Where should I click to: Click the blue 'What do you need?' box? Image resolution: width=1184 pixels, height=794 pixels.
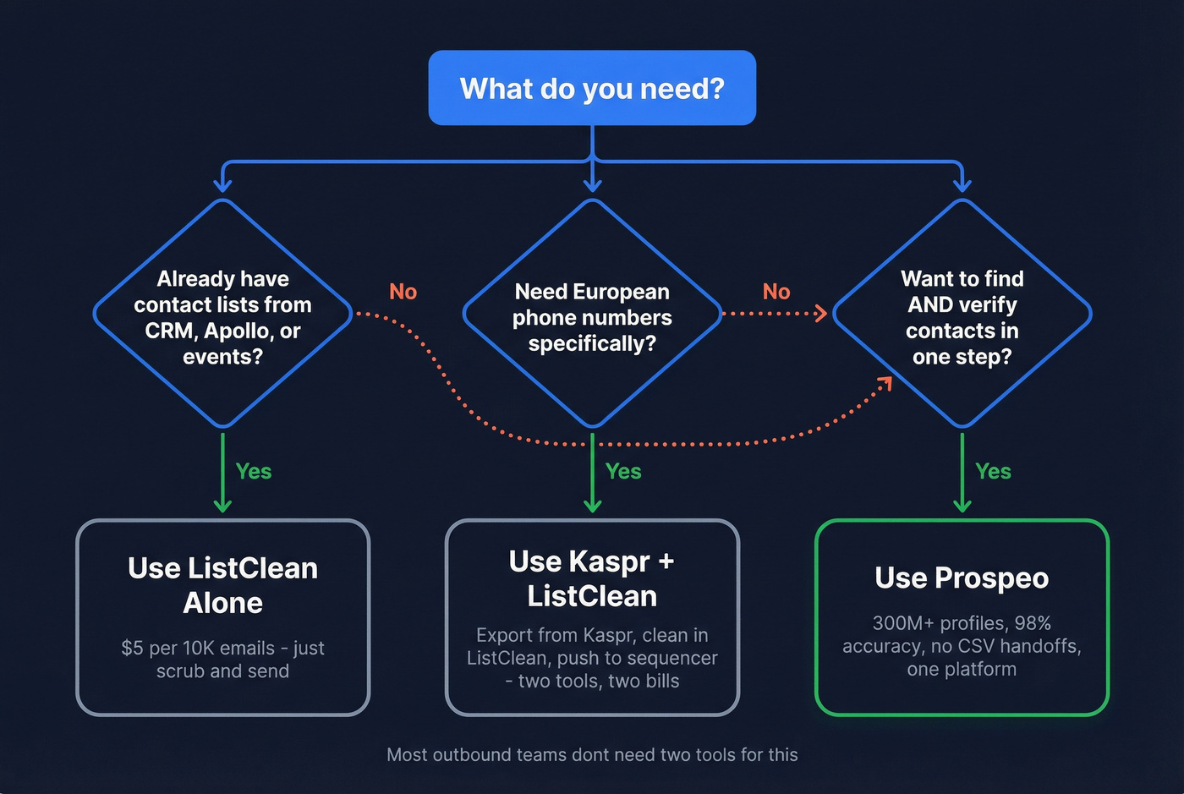(592, 88)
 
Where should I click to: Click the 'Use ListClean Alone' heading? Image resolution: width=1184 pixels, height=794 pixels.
(222, 585)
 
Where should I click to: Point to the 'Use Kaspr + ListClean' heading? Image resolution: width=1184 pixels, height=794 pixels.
(592, 578)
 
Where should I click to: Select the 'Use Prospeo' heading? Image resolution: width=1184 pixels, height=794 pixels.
(962, 578)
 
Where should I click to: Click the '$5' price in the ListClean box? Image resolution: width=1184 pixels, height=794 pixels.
(132, 649)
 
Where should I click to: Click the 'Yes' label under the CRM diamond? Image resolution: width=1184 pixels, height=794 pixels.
(254, 472)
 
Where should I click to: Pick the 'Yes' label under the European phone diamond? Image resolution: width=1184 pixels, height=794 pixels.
(623, 472)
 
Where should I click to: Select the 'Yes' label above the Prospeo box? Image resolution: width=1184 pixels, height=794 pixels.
(993, 472)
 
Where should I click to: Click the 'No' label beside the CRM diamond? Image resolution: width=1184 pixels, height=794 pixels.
(403, 292)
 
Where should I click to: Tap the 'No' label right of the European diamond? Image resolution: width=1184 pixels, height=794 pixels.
(776, 292)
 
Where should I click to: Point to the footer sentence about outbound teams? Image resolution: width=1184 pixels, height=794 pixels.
(592, 754)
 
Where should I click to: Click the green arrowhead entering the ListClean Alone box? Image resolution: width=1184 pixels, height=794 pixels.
(222, 507)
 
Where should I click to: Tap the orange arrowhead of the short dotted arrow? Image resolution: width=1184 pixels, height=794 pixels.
(821, 314)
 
